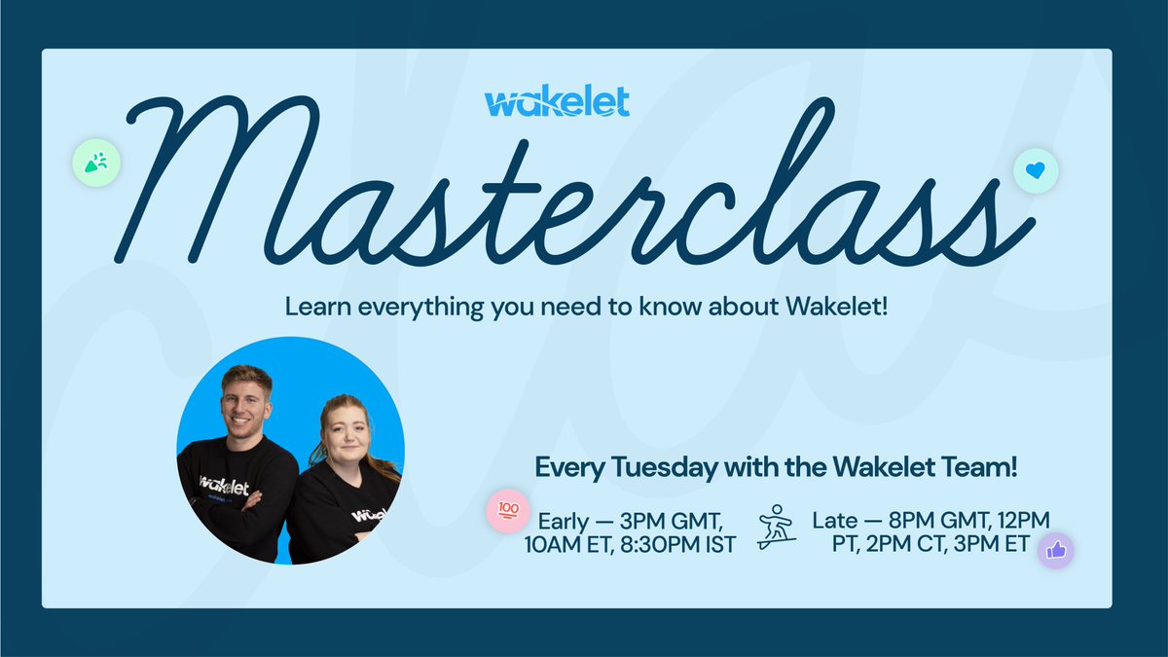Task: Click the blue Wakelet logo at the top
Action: click(x=557, y=101)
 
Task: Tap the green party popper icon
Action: click(x=95, y=162)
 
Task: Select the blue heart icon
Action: click(x=1036, y=170)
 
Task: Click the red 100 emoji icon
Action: click(x=508, y=510)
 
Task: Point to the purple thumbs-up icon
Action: click(x=1055, y=551)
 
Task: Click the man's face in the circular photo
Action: click(x=246, y=402)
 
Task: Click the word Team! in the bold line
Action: click(x=983, y=468)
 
